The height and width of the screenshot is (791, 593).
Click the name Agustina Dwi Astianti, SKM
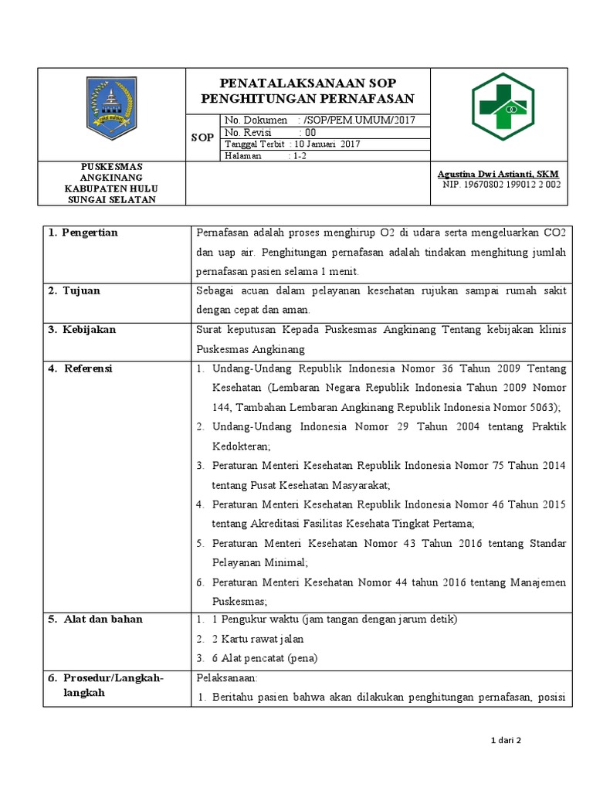click(498, 174)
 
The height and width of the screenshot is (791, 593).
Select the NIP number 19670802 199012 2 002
click(513, 185)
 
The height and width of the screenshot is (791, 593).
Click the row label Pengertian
click(90, 233)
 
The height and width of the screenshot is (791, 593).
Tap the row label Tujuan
click(82, 290)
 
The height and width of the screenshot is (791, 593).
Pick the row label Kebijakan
click(90, 329)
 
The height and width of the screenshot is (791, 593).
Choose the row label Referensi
click(88, 368)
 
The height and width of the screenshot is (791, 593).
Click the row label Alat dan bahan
click(103, 619)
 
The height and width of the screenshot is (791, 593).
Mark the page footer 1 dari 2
click(507, 741)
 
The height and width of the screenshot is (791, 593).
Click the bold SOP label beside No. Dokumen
click(202, 137)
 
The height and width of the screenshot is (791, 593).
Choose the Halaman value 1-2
click(297, 155)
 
